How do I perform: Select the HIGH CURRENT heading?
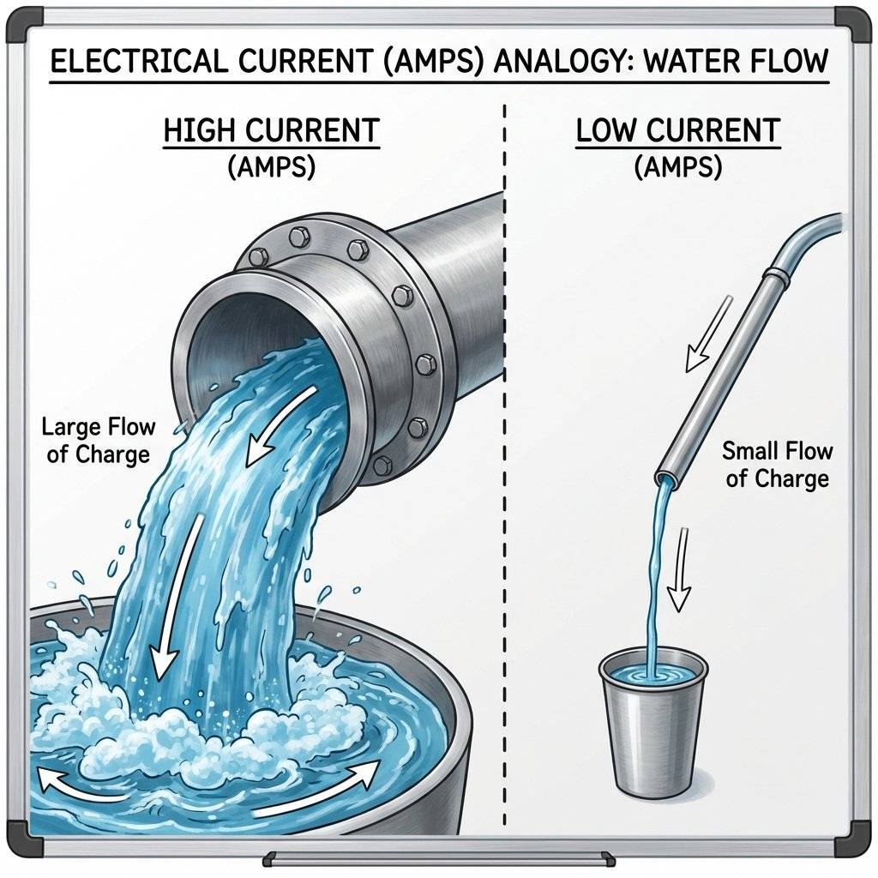pyautogui.click(x=271, y=131)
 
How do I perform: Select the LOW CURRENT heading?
pyautogui.click(x=677, y=131)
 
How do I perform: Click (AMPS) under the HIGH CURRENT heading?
pyautogui.click(x=271, y=166)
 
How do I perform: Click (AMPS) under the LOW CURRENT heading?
pyautogui.click(x=677, y=166)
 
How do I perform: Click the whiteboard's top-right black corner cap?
pyautogui.click(x=851, y=23)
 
